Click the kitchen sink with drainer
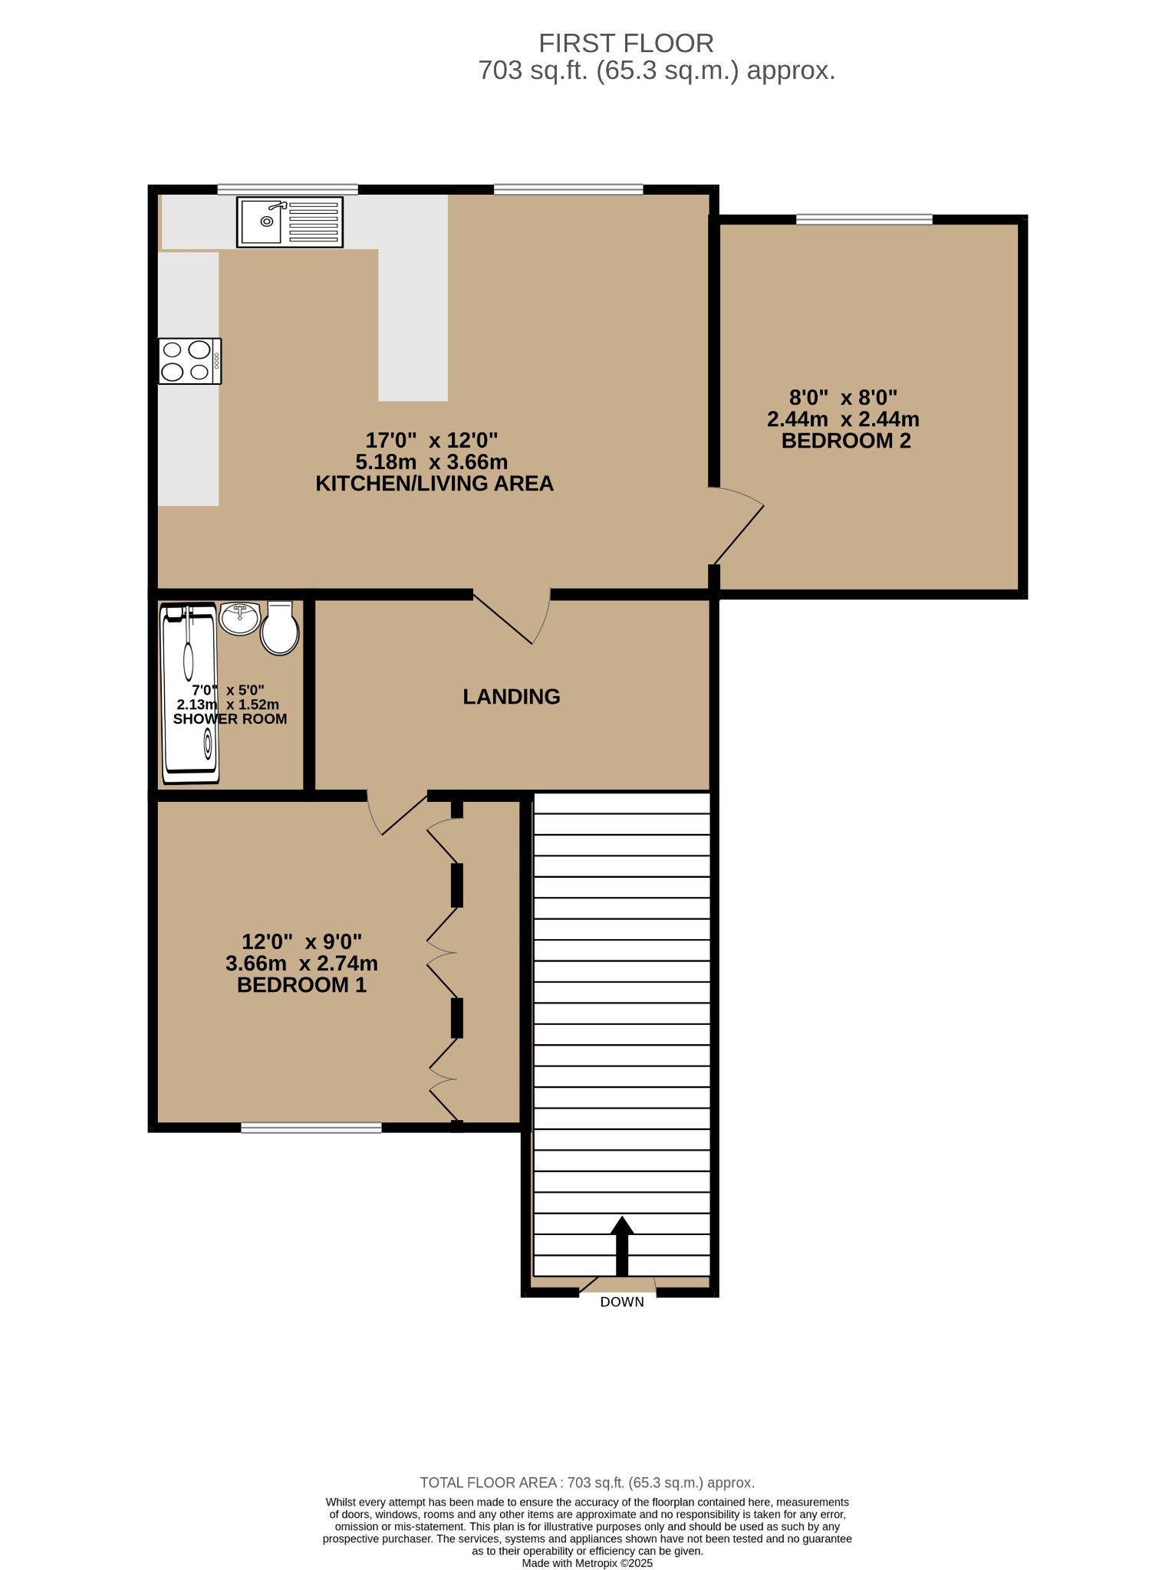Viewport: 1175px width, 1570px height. point(290,222)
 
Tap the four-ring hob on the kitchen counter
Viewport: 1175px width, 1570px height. point(190,361)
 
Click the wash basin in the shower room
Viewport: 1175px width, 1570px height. point(241,619)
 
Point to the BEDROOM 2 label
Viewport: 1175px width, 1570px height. point(846,441)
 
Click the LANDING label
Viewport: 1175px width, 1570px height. point(512,696)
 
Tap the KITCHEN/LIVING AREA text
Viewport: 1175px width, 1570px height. point(435,484)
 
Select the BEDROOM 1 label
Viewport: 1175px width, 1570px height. point(302,985)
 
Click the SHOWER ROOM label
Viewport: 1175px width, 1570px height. point(230,719)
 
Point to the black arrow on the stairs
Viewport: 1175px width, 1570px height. point(622,1246)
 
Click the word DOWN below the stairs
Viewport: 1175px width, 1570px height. point(622,1302)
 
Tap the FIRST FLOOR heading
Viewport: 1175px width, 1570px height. point(626,43)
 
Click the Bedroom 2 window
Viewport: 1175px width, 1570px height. point(864,220)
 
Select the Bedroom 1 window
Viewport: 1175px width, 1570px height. point(311,1128)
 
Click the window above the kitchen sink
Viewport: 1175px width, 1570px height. point(288,189)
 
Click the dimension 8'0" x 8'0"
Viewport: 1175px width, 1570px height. point(844,398)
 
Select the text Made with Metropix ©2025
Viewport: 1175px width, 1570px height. point(587,1563)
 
